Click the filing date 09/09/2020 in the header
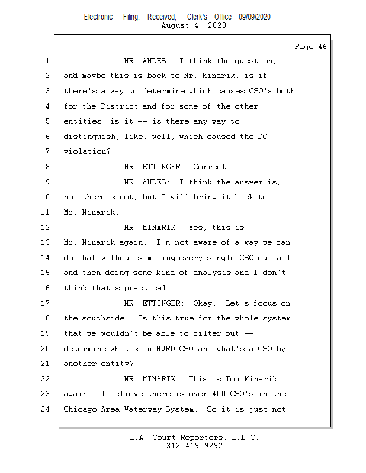pyautogui.click(x=255, y=17)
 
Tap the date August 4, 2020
pyautogui.click(x=194, y=25)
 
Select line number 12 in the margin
pyautogui.click(x=46, y=227)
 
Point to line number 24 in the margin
pyautogui.click(x=46, y=409)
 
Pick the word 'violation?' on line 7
pyautogui.click(x=86, y=151)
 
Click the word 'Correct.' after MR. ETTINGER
pyautogui.click(x=211, y=167)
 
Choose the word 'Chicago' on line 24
pyautogui.click(x=82, y=409)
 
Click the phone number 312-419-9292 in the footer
pyautogui.click(x=194, y=446)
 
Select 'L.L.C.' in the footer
pyautogui.click(x=243, y=438)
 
